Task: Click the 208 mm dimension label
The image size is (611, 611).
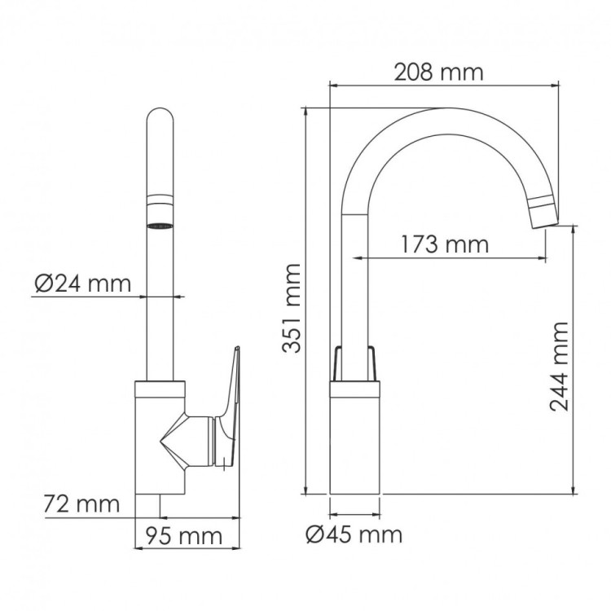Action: tap(438, 72)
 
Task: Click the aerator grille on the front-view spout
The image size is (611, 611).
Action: tap(160, 223)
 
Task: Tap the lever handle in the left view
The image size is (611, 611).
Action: tap(231, 407)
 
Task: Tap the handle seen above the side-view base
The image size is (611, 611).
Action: tap(354, 363)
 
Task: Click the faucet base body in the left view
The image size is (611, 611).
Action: tap(160, 440)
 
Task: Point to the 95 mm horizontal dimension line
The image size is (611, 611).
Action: tap(188, 517)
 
